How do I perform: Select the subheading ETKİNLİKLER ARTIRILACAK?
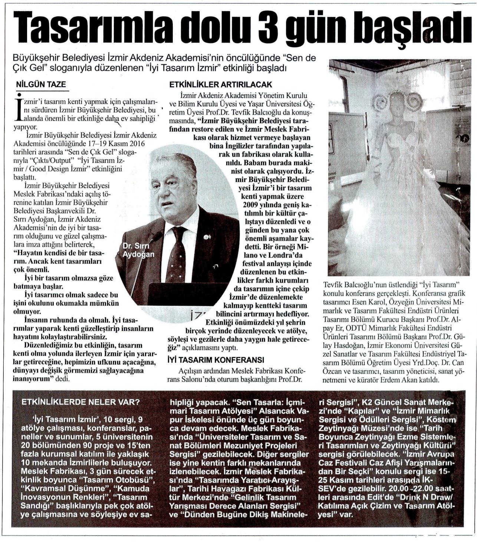click(220, 85)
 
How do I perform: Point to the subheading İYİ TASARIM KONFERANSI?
click(216, 359)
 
